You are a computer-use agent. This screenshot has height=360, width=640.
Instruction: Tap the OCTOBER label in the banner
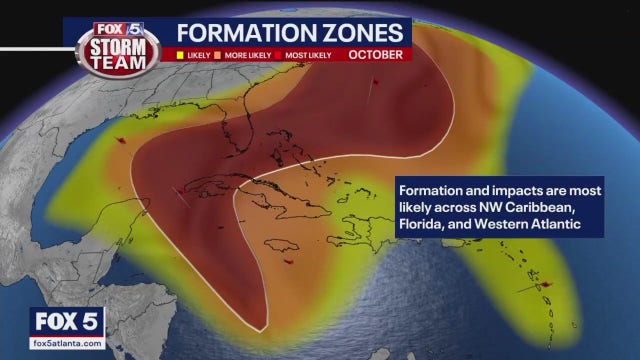(377, 52)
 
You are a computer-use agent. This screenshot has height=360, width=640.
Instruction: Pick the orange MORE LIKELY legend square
(225, 53)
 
